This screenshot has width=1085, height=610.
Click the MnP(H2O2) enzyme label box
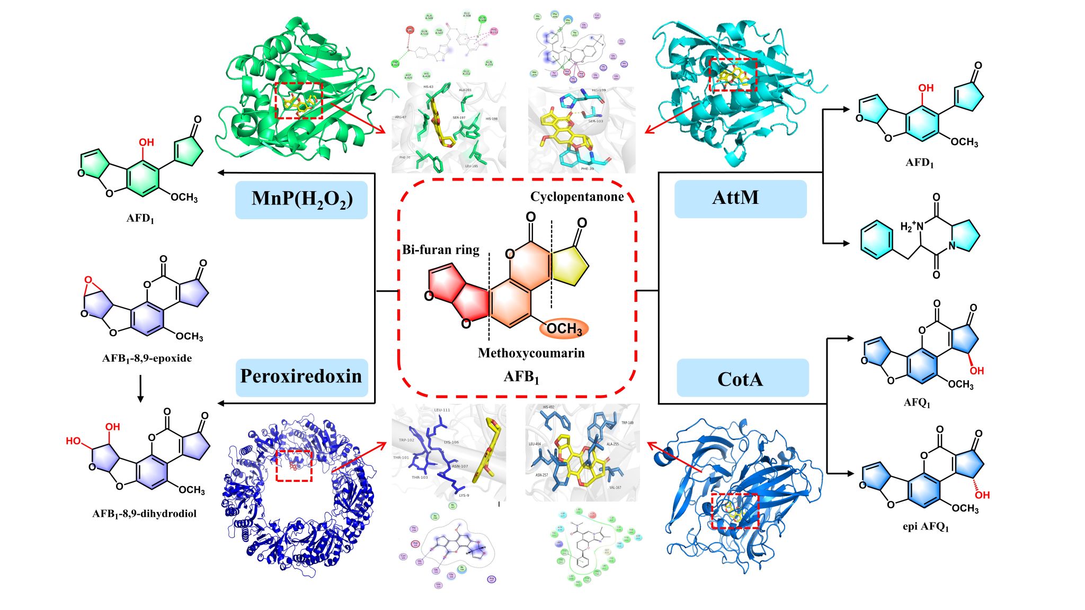coord(301,200)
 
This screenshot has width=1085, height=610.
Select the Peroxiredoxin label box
coord(301,377)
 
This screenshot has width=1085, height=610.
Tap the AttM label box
coord(740,199)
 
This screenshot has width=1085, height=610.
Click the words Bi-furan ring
coord(441,249)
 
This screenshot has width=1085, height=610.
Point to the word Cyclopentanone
coord(577,196)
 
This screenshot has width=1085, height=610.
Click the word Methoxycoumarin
coord(531,353)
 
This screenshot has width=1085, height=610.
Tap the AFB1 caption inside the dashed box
coord(521,376)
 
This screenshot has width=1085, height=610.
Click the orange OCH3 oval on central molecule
coord(564,329)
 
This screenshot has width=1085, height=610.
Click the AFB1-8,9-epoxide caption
coord(147,358)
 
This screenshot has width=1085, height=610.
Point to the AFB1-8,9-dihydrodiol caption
coord(144,514)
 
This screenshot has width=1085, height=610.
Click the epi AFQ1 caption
coord(926,527)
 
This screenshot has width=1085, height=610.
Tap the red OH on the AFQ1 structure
coord(976,371)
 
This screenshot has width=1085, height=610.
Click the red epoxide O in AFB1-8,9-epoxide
coord(88,280)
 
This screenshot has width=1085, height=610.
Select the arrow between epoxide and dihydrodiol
coord(140,389)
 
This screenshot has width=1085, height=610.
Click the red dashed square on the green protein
coord(299,100)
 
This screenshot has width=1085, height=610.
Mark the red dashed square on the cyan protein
coord(733,75)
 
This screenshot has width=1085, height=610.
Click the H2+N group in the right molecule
coord(912,227)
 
